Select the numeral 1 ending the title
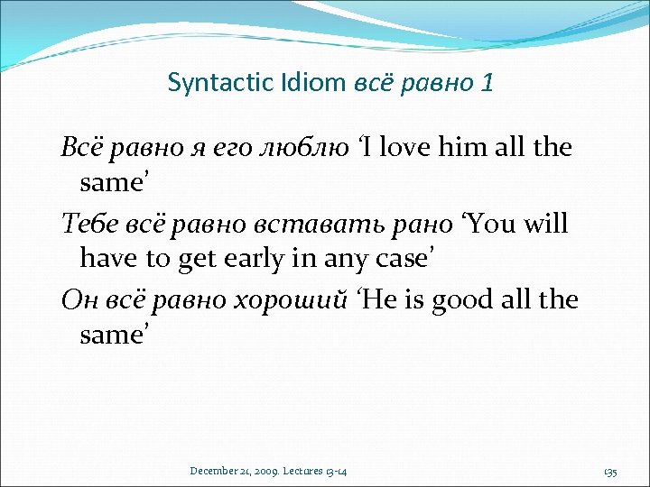487,84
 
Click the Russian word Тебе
88,223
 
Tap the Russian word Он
79,299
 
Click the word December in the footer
215,472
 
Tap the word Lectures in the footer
307,472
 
